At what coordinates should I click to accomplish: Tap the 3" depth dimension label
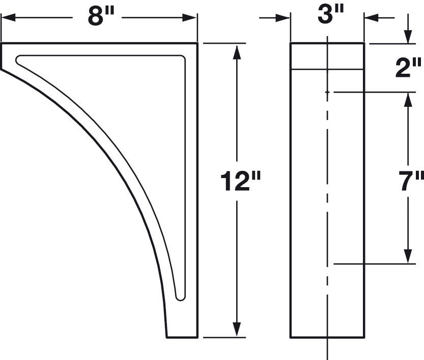tap(327, 15)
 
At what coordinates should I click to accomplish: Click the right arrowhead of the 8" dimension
tap(191, 18)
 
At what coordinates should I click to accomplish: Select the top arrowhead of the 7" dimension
tap(408, 98)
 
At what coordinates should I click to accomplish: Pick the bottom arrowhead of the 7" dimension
tap(408, 258)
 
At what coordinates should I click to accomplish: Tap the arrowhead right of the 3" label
tap(370, 18)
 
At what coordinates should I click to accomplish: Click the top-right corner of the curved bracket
tap(195, 45)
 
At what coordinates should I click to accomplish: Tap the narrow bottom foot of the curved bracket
tap(182, 333)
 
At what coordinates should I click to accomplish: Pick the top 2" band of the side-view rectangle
tap(327, 56)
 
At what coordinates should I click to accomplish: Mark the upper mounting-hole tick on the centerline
tap(327, 93)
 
